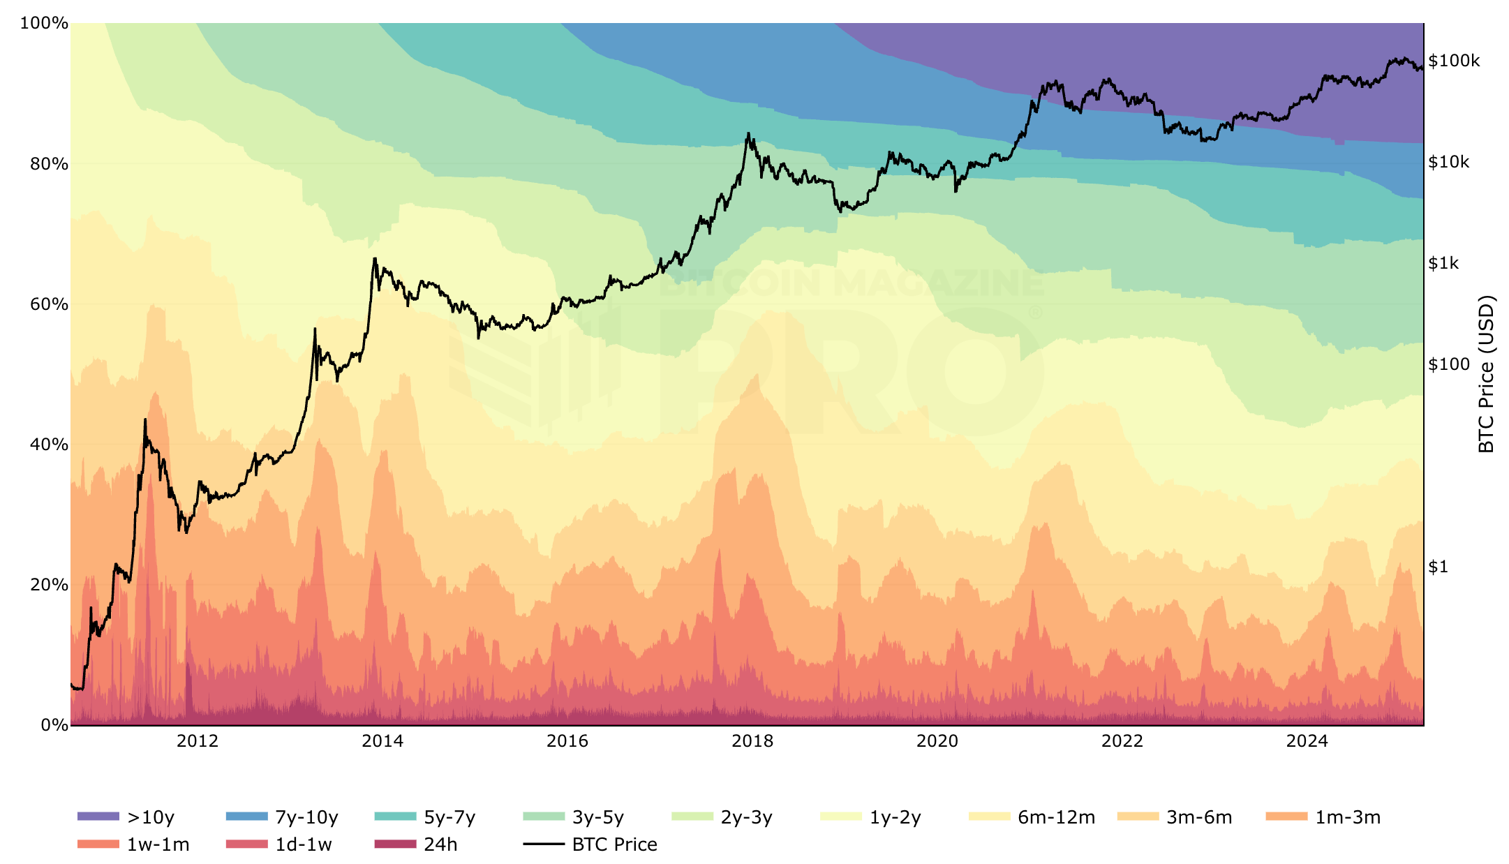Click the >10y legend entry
click(126, 817)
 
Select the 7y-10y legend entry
click(282, 817)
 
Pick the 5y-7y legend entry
click(425, 817)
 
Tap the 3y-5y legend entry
click(574, 817)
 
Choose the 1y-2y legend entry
click(871, 817)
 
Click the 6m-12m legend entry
click(1032, 817)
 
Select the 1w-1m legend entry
click(133, 844)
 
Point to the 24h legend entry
click(416, 844)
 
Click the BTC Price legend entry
click(590, 844)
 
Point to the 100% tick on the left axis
click(44, 23)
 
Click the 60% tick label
click(49, 304)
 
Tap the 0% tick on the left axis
click(54, 725)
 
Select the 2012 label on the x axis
click(198, 741)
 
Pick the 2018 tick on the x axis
click(752, 741)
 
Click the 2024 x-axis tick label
click(1307, 741)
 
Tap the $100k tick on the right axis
click(1454, 61)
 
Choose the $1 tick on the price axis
click(1439, 567)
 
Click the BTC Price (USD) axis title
click(1487, 374)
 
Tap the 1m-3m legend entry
click(1323, 817)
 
